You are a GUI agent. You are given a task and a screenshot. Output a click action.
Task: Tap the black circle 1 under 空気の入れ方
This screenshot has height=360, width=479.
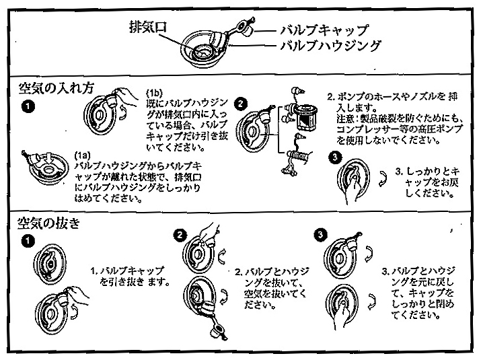click(x=26, y=106)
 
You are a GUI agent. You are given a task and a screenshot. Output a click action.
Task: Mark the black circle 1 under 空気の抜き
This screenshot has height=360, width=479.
click(x=26, y=240)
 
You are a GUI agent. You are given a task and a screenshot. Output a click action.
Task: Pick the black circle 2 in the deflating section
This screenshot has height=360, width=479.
click(x=180, y=234)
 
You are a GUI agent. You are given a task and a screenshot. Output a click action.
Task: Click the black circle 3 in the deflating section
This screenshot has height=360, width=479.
click(x=320, y=234)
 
